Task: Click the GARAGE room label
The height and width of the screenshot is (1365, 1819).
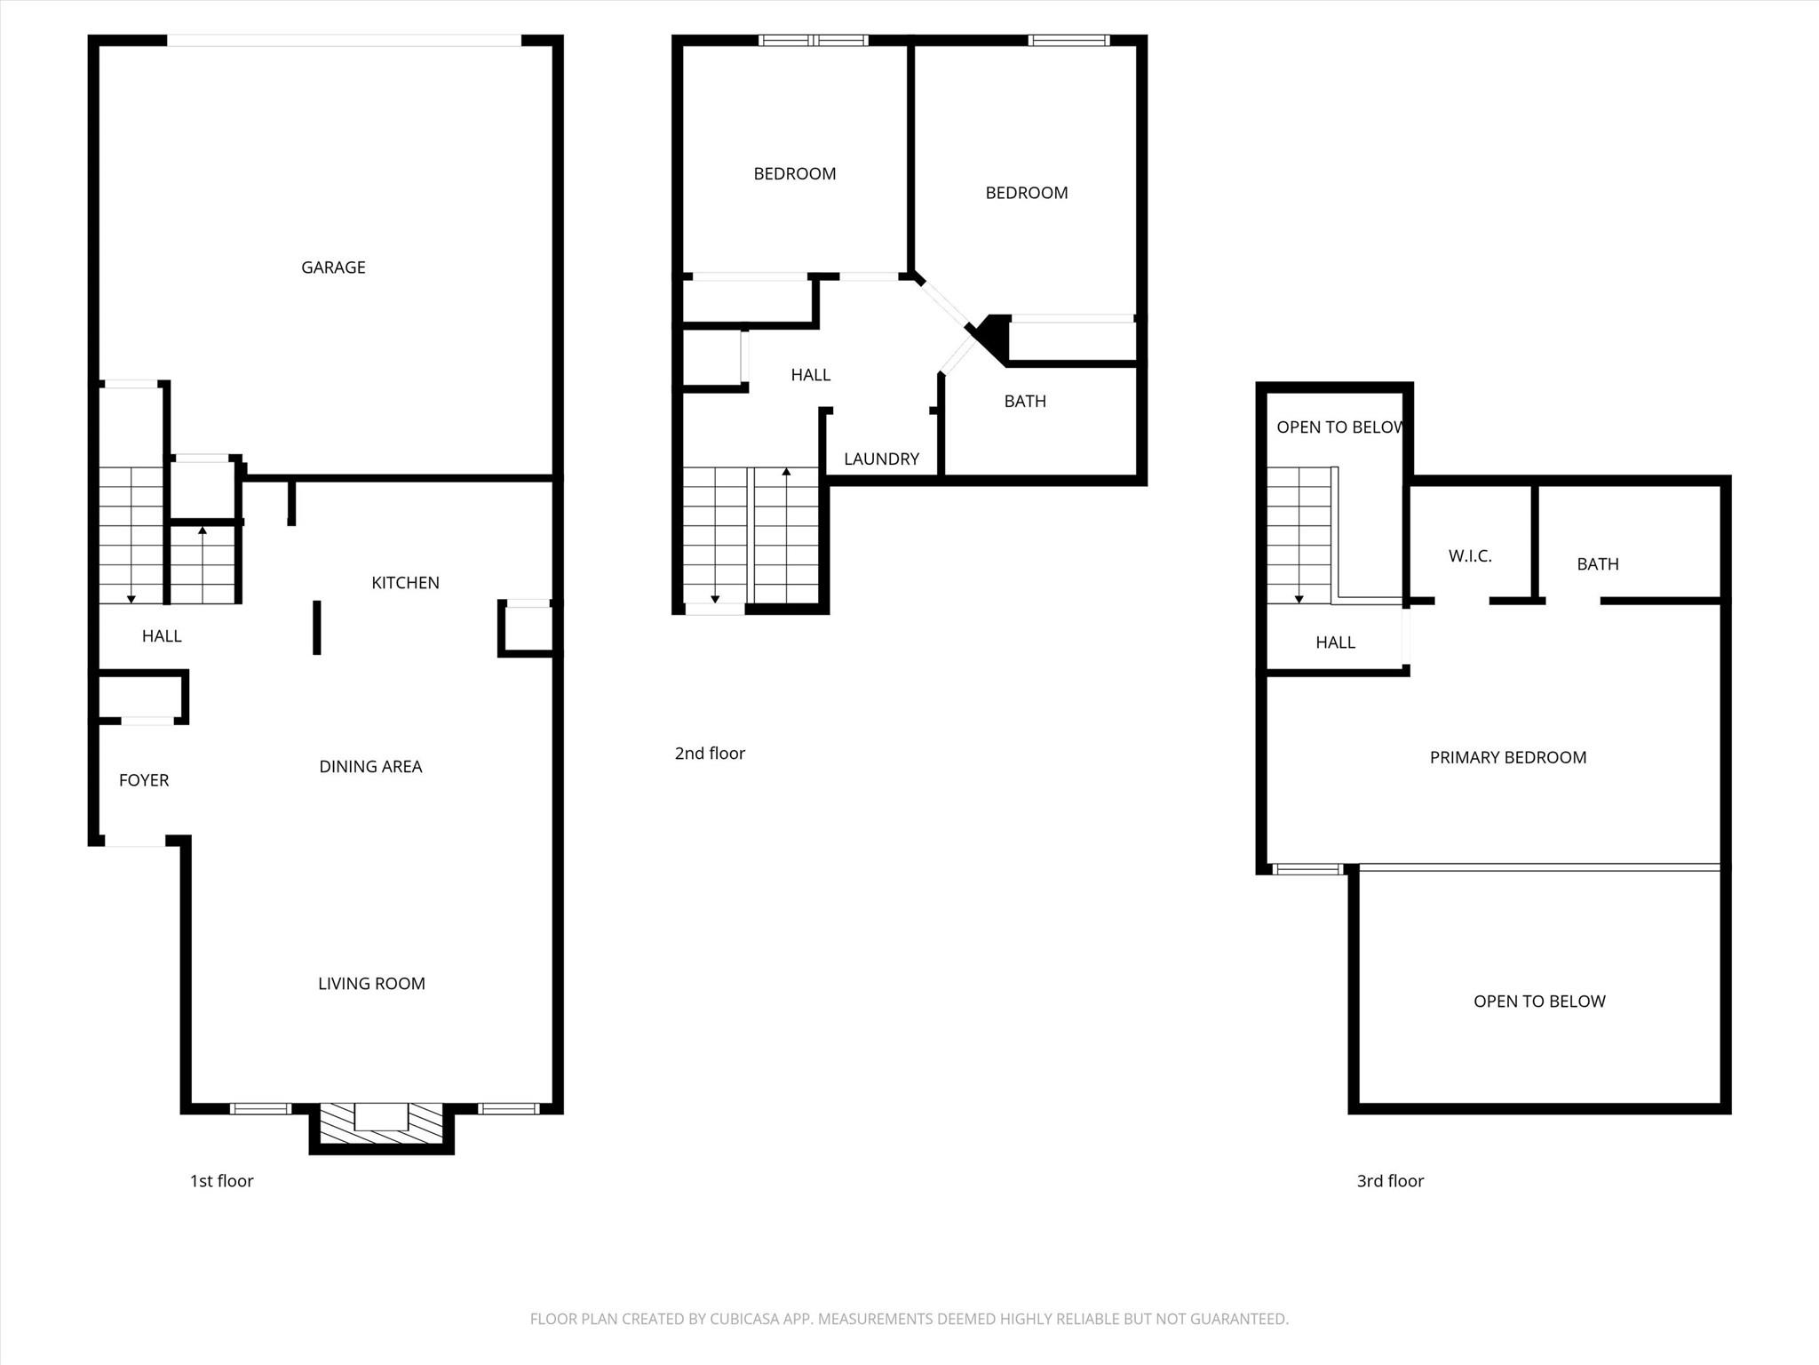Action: pyautogui.click(x=333, y=267)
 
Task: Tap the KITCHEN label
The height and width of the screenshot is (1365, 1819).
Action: pyautogui.click(x=405, y=583)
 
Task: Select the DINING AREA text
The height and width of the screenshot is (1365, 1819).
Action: pyautogui.click(x=370, y=767)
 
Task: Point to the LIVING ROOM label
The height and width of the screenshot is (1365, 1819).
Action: pyautogui.click(x=371, y=984)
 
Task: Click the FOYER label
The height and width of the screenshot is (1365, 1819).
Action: pyautogui.click(x=144, y=780)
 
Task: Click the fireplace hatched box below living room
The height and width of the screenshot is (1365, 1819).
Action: pyautogui.click(x=381, y=1123)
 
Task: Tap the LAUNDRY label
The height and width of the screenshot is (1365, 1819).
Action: pyautogui.click(x=881, y=459)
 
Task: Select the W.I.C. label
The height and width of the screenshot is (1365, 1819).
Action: pyautogui.click(x=1470, y=556)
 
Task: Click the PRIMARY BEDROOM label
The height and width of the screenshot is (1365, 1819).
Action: pyautogui.click(x=1508, y=758)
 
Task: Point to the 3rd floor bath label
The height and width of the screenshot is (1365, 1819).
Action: pyautogui.click(x=1598, y=564)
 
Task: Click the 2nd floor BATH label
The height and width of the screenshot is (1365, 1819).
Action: pyautogui.click(x=1025, y=402)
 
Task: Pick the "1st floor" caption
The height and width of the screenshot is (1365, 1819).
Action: pyautogui.click(x=222, y=1181)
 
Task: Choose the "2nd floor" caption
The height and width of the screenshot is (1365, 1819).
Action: pyautogui.click(x=710, y=754)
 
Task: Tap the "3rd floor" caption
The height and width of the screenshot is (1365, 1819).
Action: pyautogui.click(x=1390, y=1181)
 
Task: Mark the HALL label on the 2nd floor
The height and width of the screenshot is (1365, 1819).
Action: pyautogui.click(x=811, y=375)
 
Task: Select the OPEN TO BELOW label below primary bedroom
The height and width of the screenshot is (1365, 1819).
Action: pyautogui.click(x=1539, y=1002)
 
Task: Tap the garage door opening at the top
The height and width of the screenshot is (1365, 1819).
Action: pyautogui.click(x=344, y=40)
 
